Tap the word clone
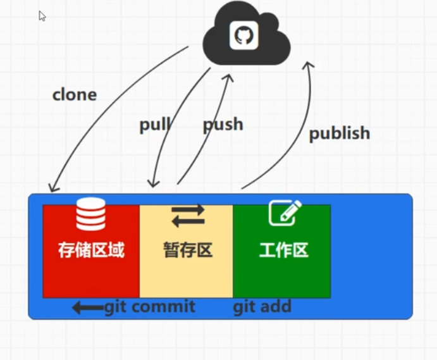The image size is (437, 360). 75,95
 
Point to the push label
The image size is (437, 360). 223,125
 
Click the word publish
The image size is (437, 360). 339,133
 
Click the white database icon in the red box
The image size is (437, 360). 90,214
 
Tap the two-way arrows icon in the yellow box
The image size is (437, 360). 188,216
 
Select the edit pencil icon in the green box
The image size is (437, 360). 284,213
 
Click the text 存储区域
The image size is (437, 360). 91,250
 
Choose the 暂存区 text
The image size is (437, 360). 187,250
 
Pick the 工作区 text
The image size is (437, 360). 283,250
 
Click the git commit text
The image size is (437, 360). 150,307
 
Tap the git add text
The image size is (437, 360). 262,307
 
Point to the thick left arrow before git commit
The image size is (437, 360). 87,308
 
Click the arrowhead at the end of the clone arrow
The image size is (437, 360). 53,187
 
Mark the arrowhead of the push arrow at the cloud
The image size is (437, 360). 230,77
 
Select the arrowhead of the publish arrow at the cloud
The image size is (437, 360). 309,65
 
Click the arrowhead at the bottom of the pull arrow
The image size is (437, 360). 152,183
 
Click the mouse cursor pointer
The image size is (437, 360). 42,16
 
